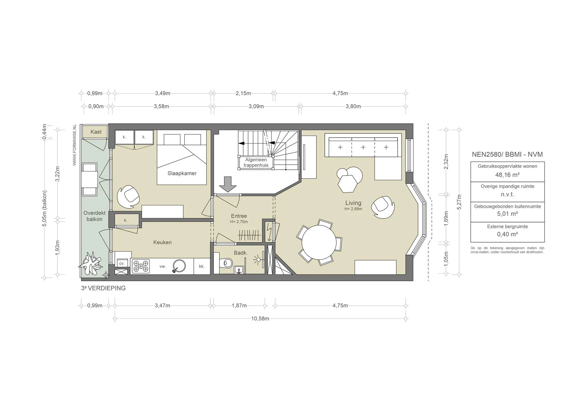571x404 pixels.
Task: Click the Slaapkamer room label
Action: point(182,173)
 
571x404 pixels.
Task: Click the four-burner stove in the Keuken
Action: point(141,266)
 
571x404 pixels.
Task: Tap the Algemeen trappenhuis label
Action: point(256,162)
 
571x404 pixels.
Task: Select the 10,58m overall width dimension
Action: point(260,318)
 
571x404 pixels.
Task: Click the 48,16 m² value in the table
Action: point(507,175)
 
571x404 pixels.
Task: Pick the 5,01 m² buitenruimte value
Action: point(507,214)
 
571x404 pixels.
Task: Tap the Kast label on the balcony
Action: point(96,132)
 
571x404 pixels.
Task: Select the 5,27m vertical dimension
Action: point(459,202)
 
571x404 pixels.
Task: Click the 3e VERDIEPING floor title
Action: point(103,288)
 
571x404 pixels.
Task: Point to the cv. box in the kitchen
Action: point(122,263)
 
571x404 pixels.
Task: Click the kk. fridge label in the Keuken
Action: point(202,266)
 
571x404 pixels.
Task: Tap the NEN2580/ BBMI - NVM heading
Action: point(507,154)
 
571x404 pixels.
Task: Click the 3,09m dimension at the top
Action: point(256,106)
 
